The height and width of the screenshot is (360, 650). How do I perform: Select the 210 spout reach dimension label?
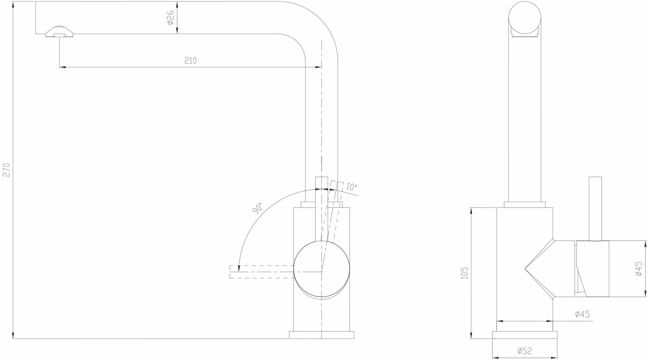click(x=190, y=60)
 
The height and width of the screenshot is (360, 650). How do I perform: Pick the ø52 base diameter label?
click(x=524, y=351)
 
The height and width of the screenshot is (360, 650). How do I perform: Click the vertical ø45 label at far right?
click(x=638, y=268)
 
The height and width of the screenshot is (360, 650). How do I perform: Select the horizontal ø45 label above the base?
click(x=582, y=314)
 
